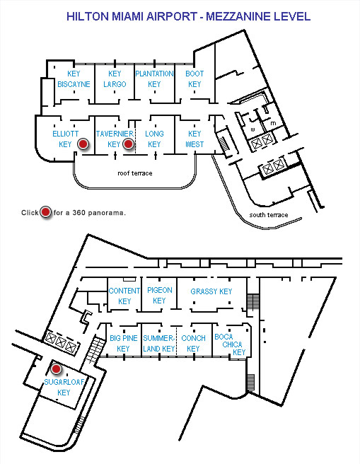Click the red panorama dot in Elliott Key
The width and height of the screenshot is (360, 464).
coord(83,144)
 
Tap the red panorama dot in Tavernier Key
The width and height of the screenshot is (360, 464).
coord(128,144)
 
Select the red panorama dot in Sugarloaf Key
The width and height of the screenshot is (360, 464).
coord(56,369)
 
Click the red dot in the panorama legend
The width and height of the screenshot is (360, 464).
coord(45,212)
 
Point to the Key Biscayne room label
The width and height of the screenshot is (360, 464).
coord(74,79)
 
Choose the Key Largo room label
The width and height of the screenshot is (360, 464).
coord(115,79)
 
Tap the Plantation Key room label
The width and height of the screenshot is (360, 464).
coord(154,79)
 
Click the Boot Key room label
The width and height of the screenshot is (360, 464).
coord(194,79)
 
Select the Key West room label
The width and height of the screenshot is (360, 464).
coord(194,139)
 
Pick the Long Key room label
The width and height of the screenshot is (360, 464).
coord(154,139)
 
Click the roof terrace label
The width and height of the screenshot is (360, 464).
coord(135,173)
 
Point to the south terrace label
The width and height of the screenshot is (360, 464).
coord(269,215)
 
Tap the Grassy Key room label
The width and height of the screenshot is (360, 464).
coord(211,291)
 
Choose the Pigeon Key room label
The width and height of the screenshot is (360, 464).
coord(159,296)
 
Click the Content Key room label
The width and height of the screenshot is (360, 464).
coord(124,296)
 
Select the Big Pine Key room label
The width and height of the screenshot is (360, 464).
coord(123,343)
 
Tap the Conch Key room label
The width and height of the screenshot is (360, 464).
coord(193,343)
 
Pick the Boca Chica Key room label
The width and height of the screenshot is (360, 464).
coord(231,344)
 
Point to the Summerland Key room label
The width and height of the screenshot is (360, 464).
coord(159,343)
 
